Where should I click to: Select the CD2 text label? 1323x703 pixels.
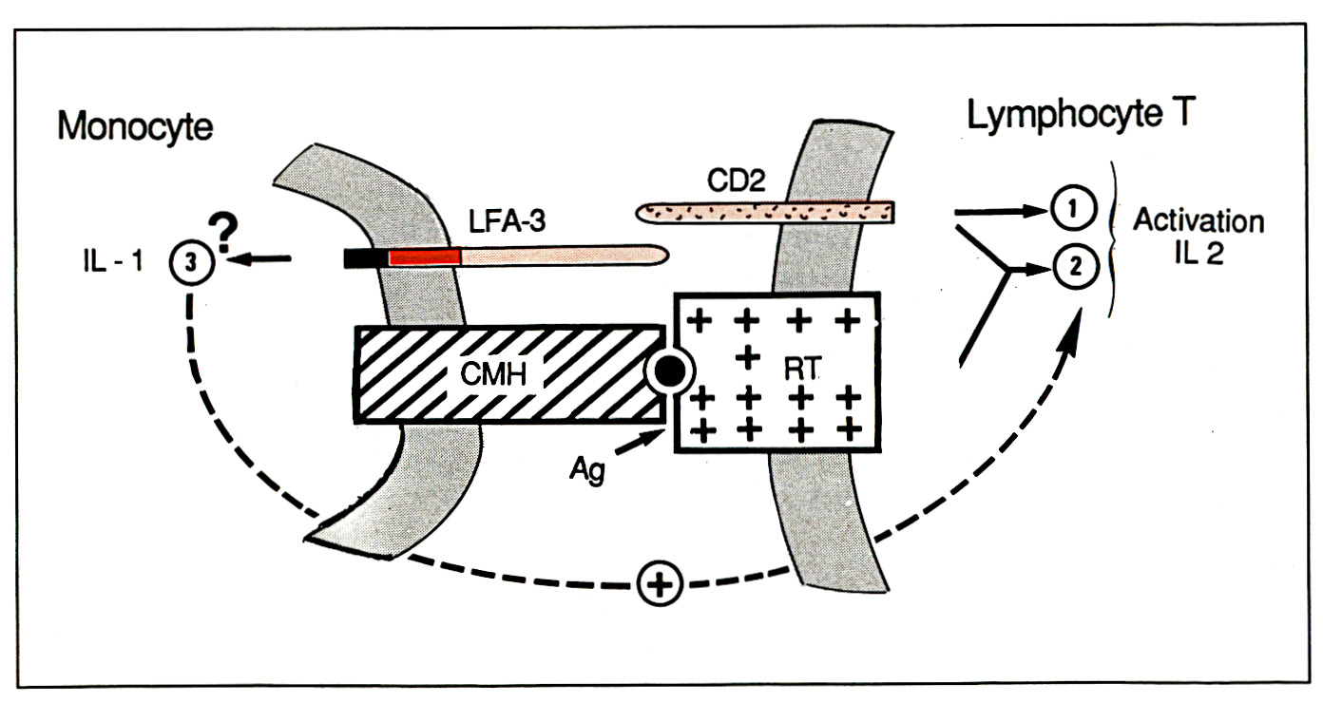[x=737, y=180]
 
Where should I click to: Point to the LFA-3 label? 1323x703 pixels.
[x=507, y=221]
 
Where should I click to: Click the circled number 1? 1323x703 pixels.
[x=1074, y=208]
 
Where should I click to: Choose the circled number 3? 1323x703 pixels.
[x=191, y=262]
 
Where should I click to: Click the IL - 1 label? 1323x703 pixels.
[x=113, y=261]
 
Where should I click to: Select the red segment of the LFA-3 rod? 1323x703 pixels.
[x=425, y=256]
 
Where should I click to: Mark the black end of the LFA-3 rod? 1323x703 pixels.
[x=366, y=258]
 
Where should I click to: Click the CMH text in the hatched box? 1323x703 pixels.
[x=494, y=373]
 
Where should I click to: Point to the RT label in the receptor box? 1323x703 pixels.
[x=801, y=370]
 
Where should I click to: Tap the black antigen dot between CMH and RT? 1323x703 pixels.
[x=670, y=371]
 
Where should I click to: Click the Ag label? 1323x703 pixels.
[x=587, y=470]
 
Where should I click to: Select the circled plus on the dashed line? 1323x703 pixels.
[x=661, y=583]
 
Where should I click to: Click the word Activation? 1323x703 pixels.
[x=1198, y=221]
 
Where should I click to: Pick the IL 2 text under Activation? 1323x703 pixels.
[x=1199, y=254]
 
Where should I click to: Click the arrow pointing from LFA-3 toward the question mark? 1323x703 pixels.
[x=258, y=258]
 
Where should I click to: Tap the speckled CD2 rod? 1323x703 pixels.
[x=765, y=213]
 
